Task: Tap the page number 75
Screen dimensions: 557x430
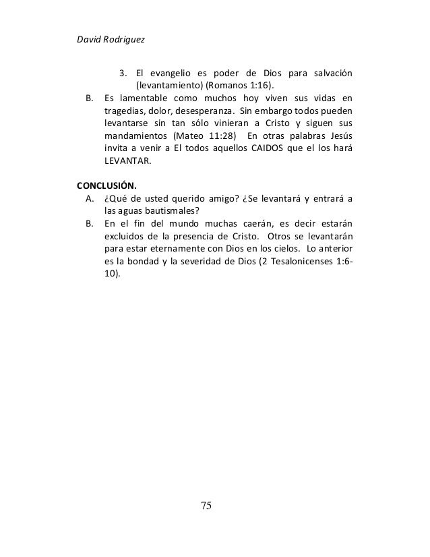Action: tap(206, 505)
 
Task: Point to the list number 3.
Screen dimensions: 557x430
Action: tap(123, 73)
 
